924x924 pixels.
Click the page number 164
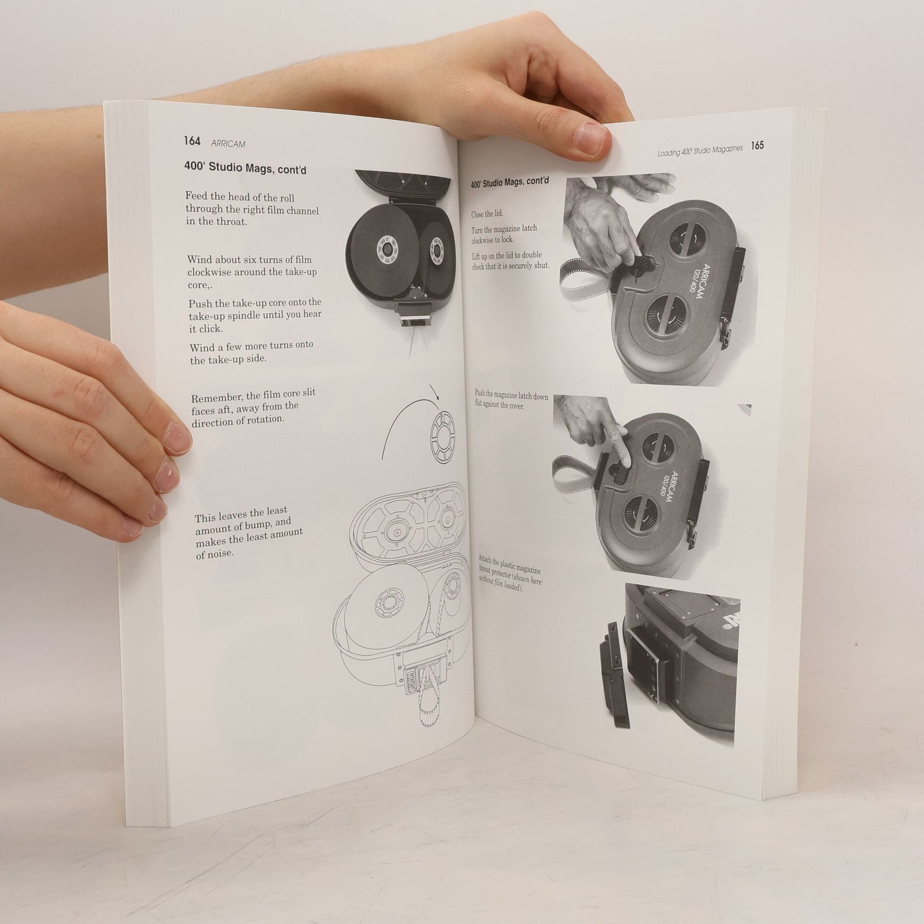192,141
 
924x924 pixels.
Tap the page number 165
757,145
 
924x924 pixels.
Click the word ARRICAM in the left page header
228,143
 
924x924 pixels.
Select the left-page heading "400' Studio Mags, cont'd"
245,169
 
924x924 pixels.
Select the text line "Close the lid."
488,214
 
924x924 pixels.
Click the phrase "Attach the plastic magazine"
509,565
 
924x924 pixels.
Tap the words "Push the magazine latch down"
511,398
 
